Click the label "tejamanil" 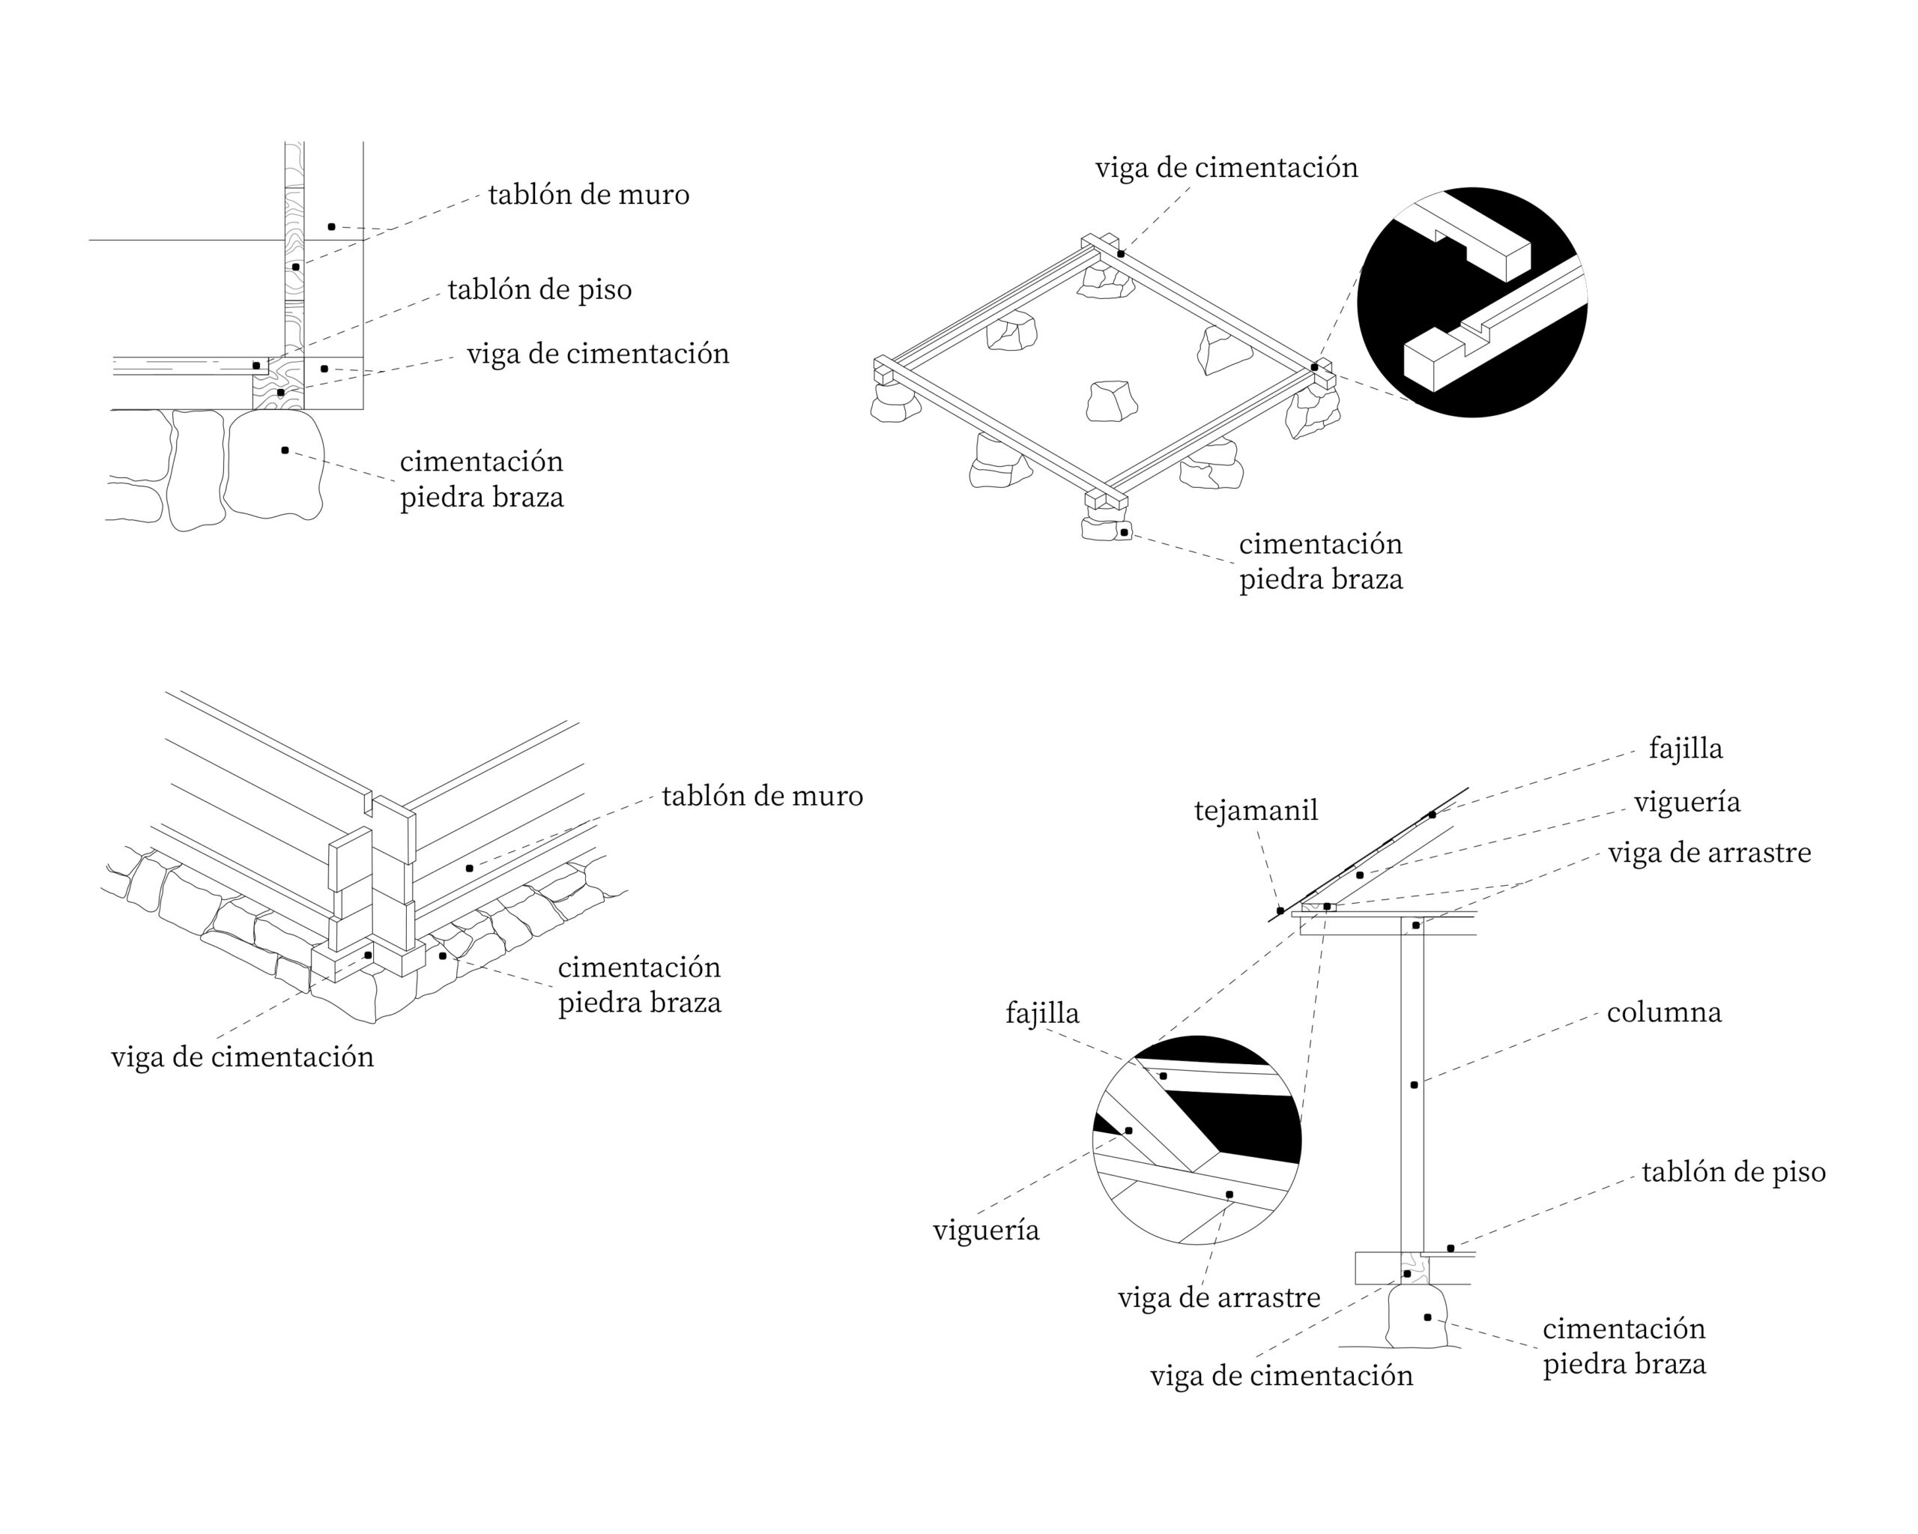coord(1255,811)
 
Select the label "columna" coord(1663,1012)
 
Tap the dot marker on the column coord(1415,1084)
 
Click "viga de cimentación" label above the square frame coord(1226,168)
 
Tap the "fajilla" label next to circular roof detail coord(1041,1013)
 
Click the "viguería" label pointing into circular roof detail coord(986,1230)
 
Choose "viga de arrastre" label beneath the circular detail coord(1219,1298)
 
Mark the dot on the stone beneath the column coord(1428,1317)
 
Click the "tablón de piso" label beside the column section coord(1733,1173)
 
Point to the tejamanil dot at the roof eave coord(1280,911)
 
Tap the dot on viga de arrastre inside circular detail coord(1229,1194)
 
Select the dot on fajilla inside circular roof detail coord(1163,1076)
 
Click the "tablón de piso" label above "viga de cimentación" coord(539,290)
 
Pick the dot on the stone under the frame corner coord(1125,532)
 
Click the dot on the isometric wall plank coord(469,868)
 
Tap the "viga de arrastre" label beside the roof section coord(1709,854)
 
